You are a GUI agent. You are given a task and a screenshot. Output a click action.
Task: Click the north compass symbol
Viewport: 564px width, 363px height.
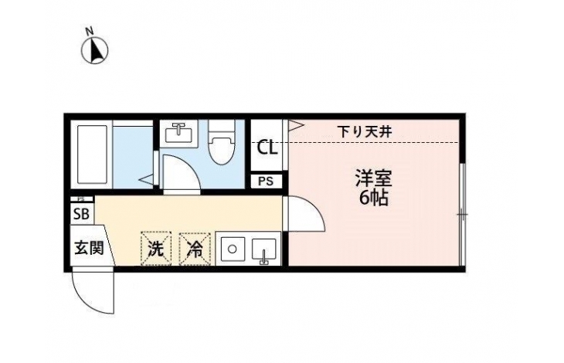[x=94, y=51]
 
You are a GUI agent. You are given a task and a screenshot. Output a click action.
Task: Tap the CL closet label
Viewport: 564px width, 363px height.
[x=267, y=148]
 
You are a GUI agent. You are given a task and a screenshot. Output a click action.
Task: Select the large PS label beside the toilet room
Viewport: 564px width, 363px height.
[x=266, y=181]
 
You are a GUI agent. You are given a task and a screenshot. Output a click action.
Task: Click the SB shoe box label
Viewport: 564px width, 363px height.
[x=81, y=214]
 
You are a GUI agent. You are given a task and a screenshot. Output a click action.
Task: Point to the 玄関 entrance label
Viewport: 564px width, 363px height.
[x=89, y=248]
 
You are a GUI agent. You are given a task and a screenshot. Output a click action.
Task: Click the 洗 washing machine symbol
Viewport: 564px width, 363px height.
[x=156, y=249]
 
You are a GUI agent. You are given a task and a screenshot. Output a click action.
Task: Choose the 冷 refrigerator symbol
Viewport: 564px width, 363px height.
[x=195, y=249]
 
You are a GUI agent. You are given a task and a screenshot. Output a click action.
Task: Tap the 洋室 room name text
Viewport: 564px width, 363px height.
[x=374, y=179]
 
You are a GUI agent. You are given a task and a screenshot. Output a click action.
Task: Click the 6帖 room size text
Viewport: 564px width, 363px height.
[x=374, y=198]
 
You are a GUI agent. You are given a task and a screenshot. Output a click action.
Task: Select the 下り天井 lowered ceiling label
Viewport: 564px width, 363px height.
[x=365, y=132]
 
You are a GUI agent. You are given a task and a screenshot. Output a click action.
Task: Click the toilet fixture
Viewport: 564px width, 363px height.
[x=222, y=141]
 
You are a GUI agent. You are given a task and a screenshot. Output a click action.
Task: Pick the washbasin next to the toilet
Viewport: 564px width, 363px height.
[x=178, y=133]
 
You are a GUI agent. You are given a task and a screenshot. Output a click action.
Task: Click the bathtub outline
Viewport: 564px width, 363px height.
[x=92, y=154]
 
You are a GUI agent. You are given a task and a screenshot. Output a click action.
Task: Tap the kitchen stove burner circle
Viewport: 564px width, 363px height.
[x=232, y=249]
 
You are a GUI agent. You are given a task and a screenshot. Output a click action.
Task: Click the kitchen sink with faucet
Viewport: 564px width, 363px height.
[x=264, y=251]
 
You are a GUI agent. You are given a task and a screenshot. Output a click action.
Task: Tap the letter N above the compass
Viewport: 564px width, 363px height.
[x=90, y=31]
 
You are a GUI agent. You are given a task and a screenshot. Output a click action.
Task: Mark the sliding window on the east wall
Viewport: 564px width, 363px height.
[x=463, y=215]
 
